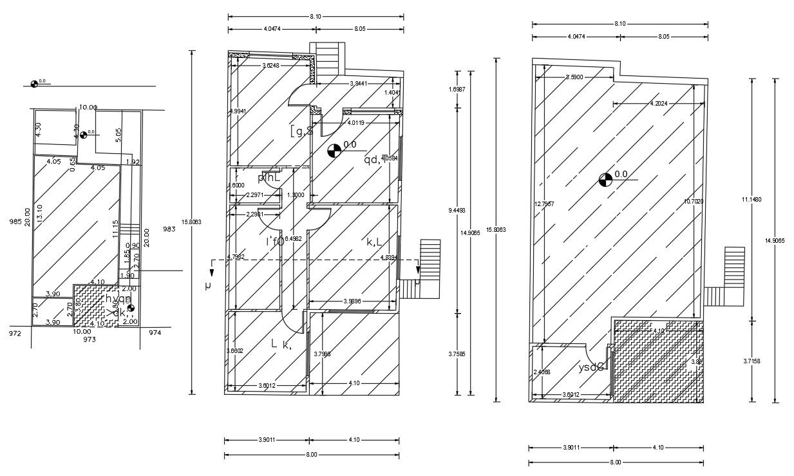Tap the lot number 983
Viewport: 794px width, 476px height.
coord(169,229)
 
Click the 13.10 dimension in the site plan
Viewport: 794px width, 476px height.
coord(40,213)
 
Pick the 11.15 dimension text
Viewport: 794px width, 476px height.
coord(115,229)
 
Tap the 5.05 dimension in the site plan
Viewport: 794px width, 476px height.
coord(117,135)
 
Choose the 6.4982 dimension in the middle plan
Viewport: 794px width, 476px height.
coord(293,239)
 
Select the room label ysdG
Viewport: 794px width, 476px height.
coord(591,368)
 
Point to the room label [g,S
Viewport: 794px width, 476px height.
coord(301,131)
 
